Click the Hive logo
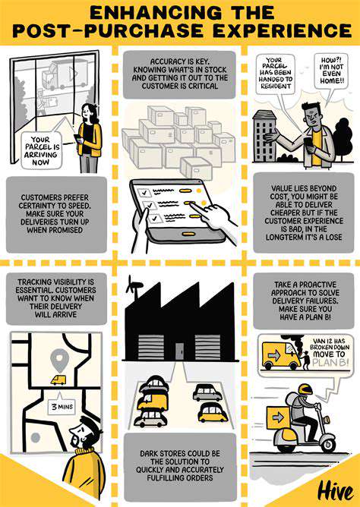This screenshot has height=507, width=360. pyautogui.click(x=335, y=492)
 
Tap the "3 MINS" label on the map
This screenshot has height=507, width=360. pyautogui.click(x=62, y=407)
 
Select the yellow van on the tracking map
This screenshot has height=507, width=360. pyautogui.click(x=58, y=380)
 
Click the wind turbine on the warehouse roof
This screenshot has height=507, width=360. pyautogui.click(x=133, y=286)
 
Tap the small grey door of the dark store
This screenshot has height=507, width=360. pyautogui.click(x=180, y=351)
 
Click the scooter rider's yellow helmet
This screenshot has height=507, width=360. pyautogui.click(x=305, y=389)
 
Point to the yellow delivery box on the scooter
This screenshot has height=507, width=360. pyautogui.click(x=278, y=417)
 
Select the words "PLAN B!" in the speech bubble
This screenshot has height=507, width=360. pyautogui.click(x=331, y=362)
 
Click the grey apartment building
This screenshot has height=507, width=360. pyautogui.click(x=264, y=136)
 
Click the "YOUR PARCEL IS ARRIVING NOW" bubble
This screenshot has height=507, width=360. pyautogui.click(x=42, y=151)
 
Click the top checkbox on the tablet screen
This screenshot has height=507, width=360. pyautogui.click(x=144, y=192)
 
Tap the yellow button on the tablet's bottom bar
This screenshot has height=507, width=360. pyautogui.click(x=186, y=234)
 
